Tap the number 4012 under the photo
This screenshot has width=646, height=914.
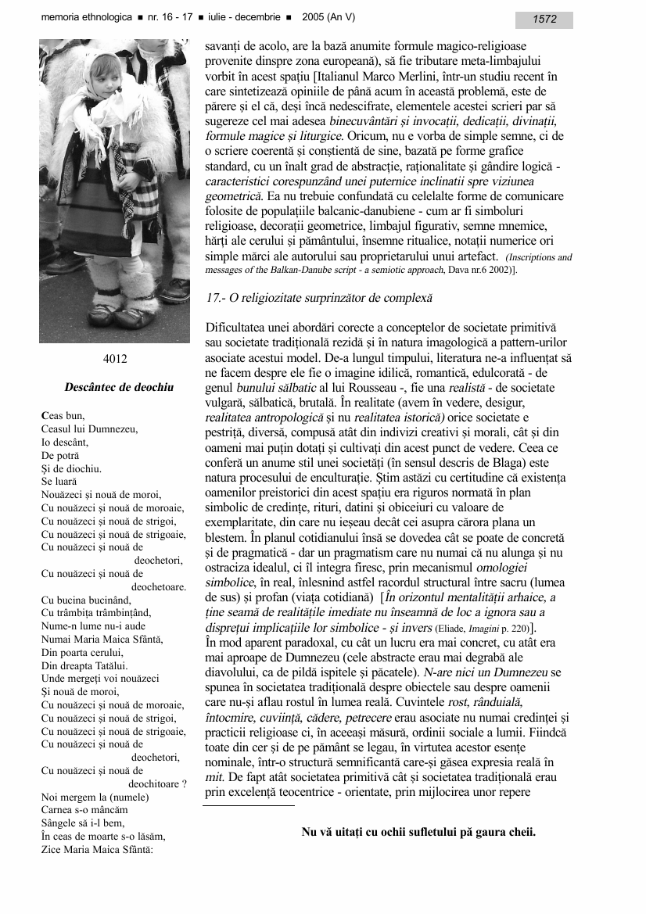115,359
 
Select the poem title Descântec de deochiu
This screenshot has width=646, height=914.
119,387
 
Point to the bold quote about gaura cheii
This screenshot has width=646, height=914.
418,832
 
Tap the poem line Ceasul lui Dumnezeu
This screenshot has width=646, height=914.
89,428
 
